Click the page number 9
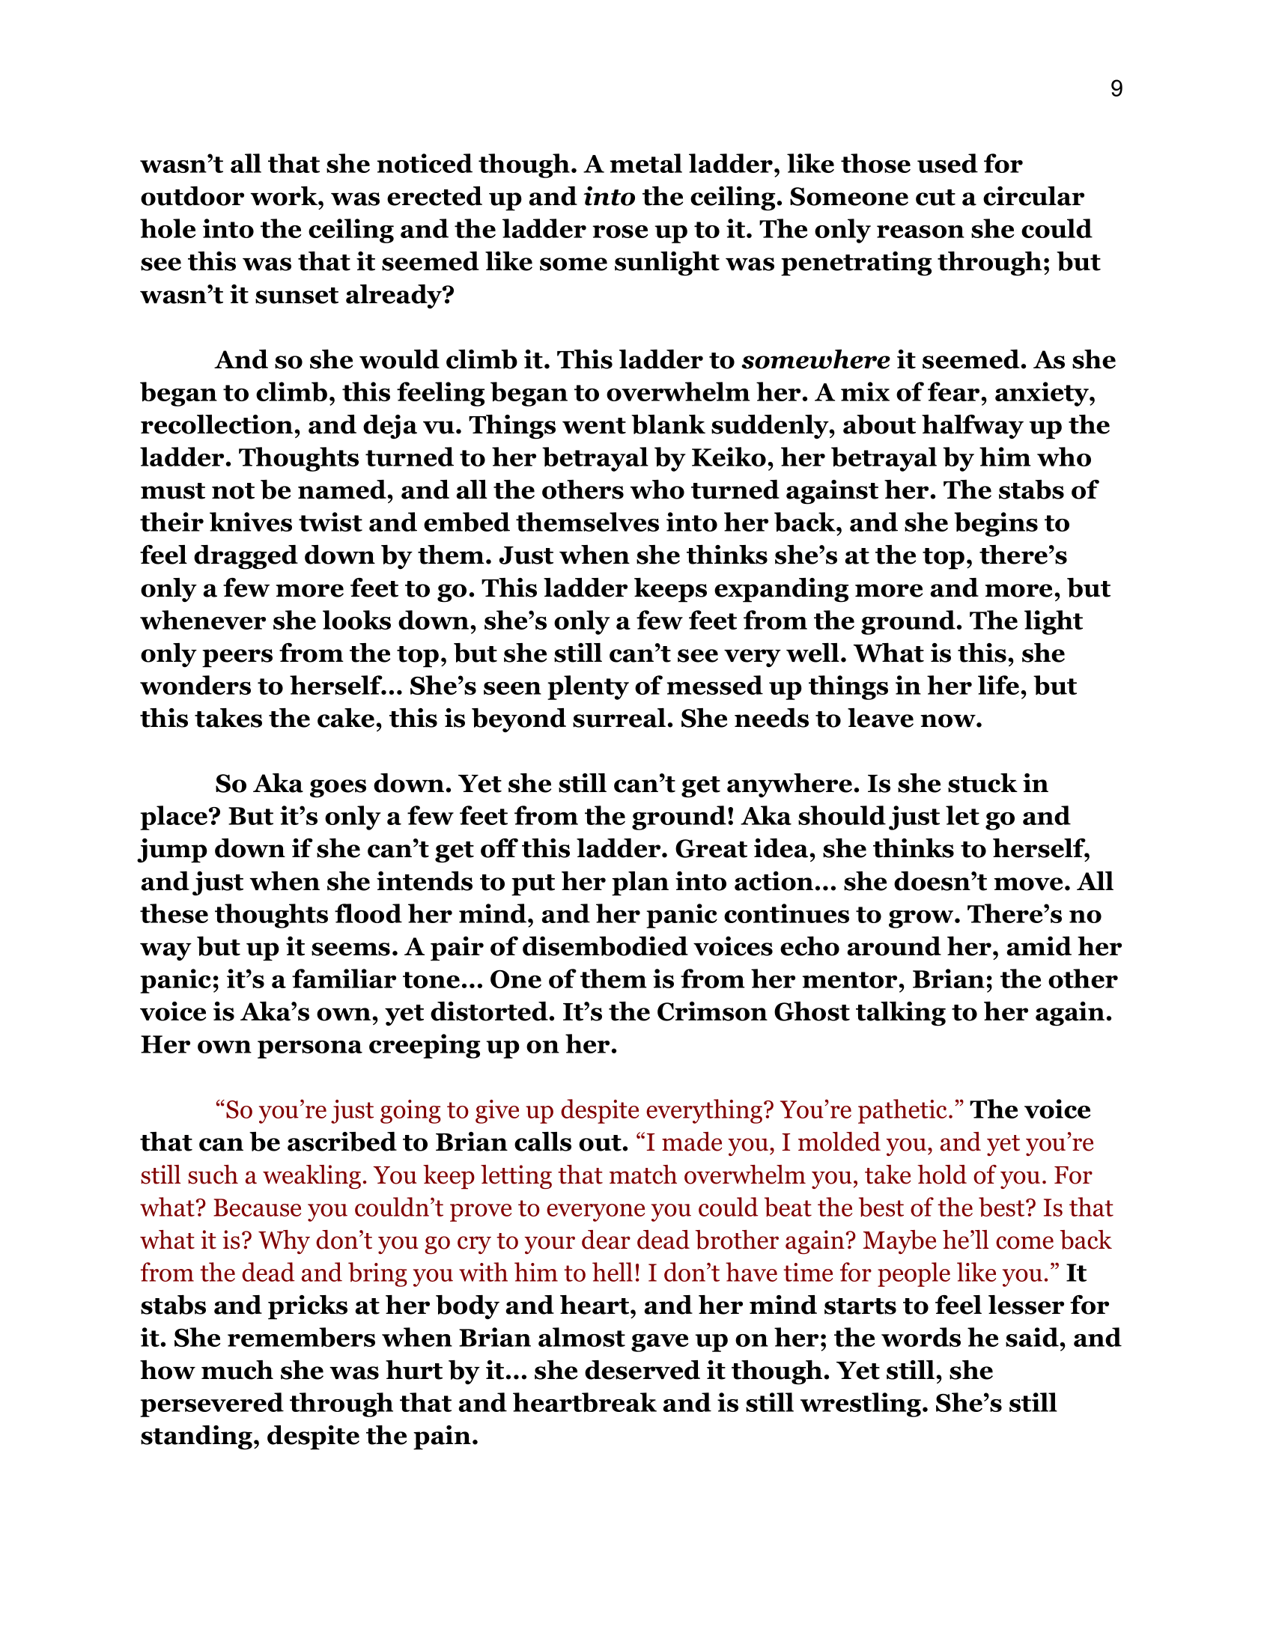pyautogui.click(x=1116, y=90)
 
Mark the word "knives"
pyautogui.click(x=246, y=523)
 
